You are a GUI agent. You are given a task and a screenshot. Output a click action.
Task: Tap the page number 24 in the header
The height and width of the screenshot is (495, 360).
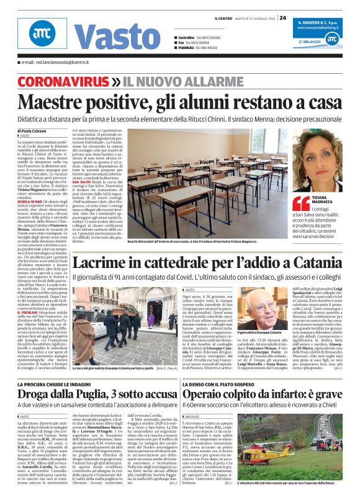click(x=282, y=17)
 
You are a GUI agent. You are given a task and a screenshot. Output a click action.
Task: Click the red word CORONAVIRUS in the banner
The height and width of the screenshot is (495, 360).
click(x=63, y=82)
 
